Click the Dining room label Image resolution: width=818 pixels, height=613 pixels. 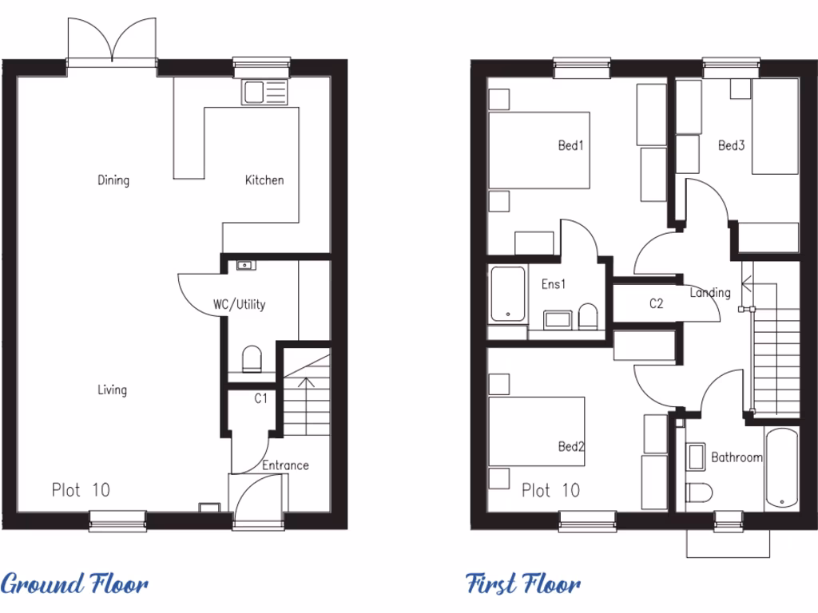click(113, 180)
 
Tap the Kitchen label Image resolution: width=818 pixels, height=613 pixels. click(264, 180)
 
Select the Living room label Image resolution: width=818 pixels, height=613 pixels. click(112, 390)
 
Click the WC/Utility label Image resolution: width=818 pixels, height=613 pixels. click(240, 304)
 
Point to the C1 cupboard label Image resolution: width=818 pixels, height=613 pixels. click(260, 397)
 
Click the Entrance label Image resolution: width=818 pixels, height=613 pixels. click(285, 465)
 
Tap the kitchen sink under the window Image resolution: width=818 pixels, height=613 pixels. click(264, 93)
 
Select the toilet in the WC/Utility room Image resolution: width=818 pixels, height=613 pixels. click(252, 358)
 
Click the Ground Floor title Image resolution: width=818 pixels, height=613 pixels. click(74, 584)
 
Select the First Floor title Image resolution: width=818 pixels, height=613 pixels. click(523, 584)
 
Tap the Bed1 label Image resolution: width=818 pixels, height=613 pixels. click(571, 145)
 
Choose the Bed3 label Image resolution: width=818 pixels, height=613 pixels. click(731, 145)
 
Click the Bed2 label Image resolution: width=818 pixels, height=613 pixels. click(571, 446)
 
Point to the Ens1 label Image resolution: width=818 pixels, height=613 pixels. click(554, 283)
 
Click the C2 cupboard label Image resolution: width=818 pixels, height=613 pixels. click(656, 303)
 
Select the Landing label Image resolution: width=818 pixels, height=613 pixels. click(710, 292)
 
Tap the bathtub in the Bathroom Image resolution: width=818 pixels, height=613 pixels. click(781, 469)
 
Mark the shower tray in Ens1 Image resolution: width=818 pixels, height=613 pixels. click(506, 295)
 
